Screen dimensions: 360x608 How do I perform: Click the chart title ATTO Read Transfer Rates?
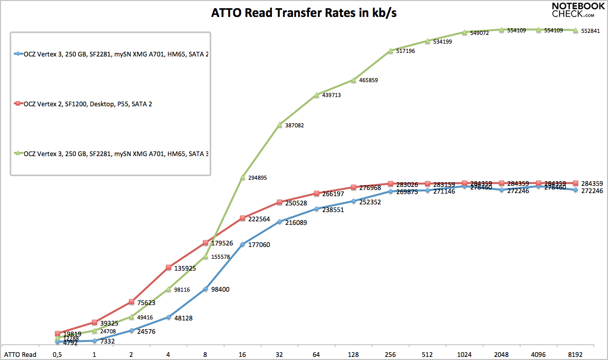click(x=304, y=13)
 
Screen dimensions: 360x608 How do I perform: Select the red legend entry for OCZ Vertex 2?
click(x=85, y=104)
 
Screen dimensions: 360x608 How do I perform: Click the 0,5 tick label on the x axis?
click(x=58, y=354)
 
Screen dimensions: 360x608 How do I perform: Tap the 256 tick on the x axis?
click(x=391, y=354)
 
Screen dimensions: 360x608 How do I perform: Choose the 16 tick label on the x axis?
click(x=243, y=354)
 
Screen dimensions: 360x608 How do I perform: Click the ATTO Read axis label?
click(x=21, y=354)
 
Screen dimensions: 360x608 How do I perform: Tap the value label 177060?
click(x=260, y=245)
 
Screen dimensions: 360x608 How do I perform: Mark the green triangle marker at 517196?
click(x=391, y=50)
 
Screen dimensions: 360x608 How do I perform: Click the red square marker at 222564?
click(x=243, y=218)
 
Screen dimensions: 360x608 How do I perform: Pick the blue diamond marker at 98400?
click(x=206, y=289)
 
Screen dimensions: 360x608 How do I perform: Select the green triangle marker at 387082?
click(x=280, y=125)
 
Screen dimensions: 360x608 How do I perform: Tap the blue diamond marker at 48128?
click(x=169, y=317)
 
